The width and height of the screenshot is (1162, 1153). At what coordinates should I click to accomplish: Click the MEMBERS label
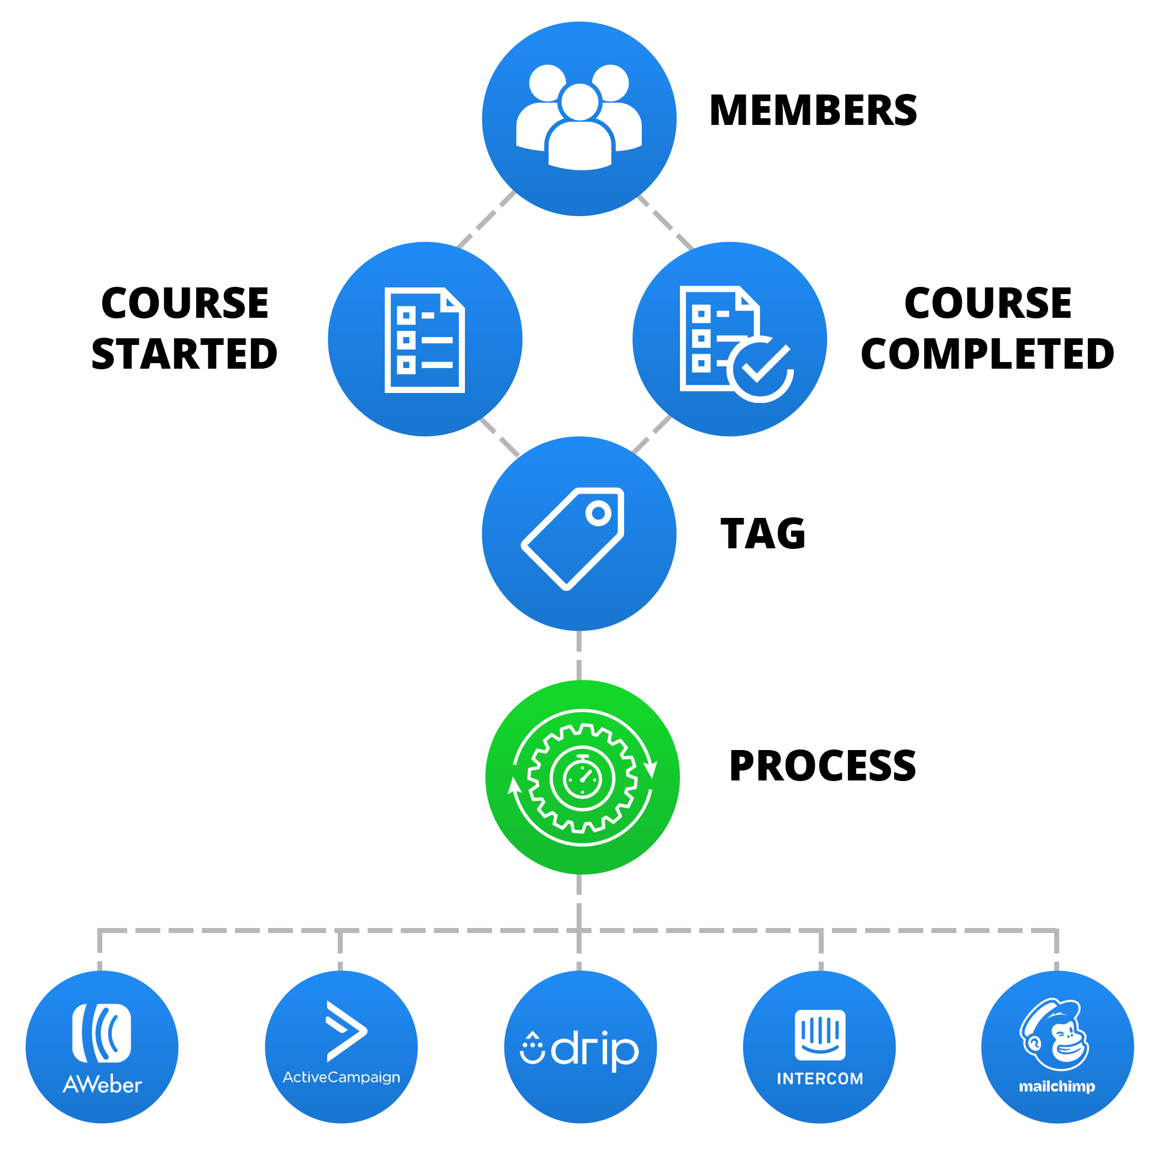(x=813, y=110)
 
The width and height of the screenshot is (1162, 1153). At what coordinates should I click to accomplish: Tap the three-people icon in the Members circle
(x=579, y=117)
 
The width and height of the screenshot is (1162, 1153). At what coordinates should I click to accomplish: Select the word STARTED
(x=184, y=354)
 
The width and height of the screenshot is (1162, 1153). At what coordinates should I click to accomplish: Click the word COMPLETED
(x=987, y=354)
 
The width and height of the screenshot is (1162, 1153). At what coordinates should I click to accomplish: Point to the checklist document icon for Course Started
(x=425, y=340)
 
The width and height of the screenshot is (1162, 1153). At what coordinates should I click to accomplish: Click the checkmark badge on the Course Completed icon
(x=760, y=368)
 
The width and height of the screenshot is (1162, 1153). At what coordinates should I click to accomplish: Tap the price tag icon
(x=573, y=538)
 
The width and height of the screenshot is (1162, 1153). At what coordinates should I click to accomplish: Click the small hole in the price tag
(x=599, y=513)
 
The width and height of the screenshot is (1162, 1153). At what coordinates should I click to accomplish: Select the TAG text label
(x=763, y=533)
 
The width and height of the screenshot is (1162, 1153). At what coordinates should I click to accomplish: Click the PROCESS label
(x=822, y=766)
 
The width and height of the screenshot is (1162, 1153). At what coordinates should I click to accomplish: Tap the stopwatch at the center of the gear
(x=582, y=778)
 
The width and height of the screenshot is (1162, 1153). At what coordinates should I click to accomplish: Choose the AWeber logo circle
(x=102, y=1046)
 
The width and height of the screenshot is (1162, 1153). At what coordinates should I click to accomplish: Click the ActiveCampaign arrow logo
(x=346, y=1031)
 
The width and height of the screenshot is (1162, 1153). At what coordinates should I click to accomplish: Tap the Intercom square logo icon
(x=820, y=1035)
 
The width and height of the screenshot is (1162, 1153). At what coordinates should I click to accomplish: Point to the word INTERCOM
(x=820, y=1078)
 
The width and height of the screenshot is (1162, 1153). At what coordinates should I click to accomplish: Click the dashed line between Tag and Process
(x=579, y=656)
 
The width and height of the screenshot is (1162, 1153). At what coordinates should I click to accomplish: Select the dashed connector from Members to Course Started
(x=486, y=219)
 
